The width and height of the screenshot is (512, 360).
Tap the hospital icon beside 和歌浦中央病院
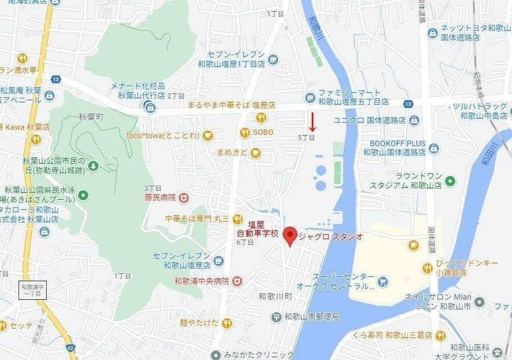coord(237,281)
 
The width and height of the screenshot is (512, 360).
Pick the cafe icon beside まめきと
coord(256,152)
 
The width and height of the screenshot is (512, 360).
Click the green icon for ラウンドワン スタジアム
coord(450,181)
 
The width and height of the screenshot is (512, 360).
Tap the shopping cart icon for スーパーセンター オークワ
coord(383,281)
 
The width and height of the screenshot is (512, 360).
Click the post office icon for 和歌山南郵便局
coord(276,317)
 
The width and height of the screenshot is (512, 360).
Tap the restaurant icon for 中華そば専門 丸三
coord(237,219)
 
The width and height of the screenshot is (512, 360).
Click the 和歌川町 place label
coord(277,296)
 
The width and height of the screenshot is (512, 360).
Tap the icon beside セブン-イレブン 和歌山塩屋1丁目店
coord(273,58)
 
